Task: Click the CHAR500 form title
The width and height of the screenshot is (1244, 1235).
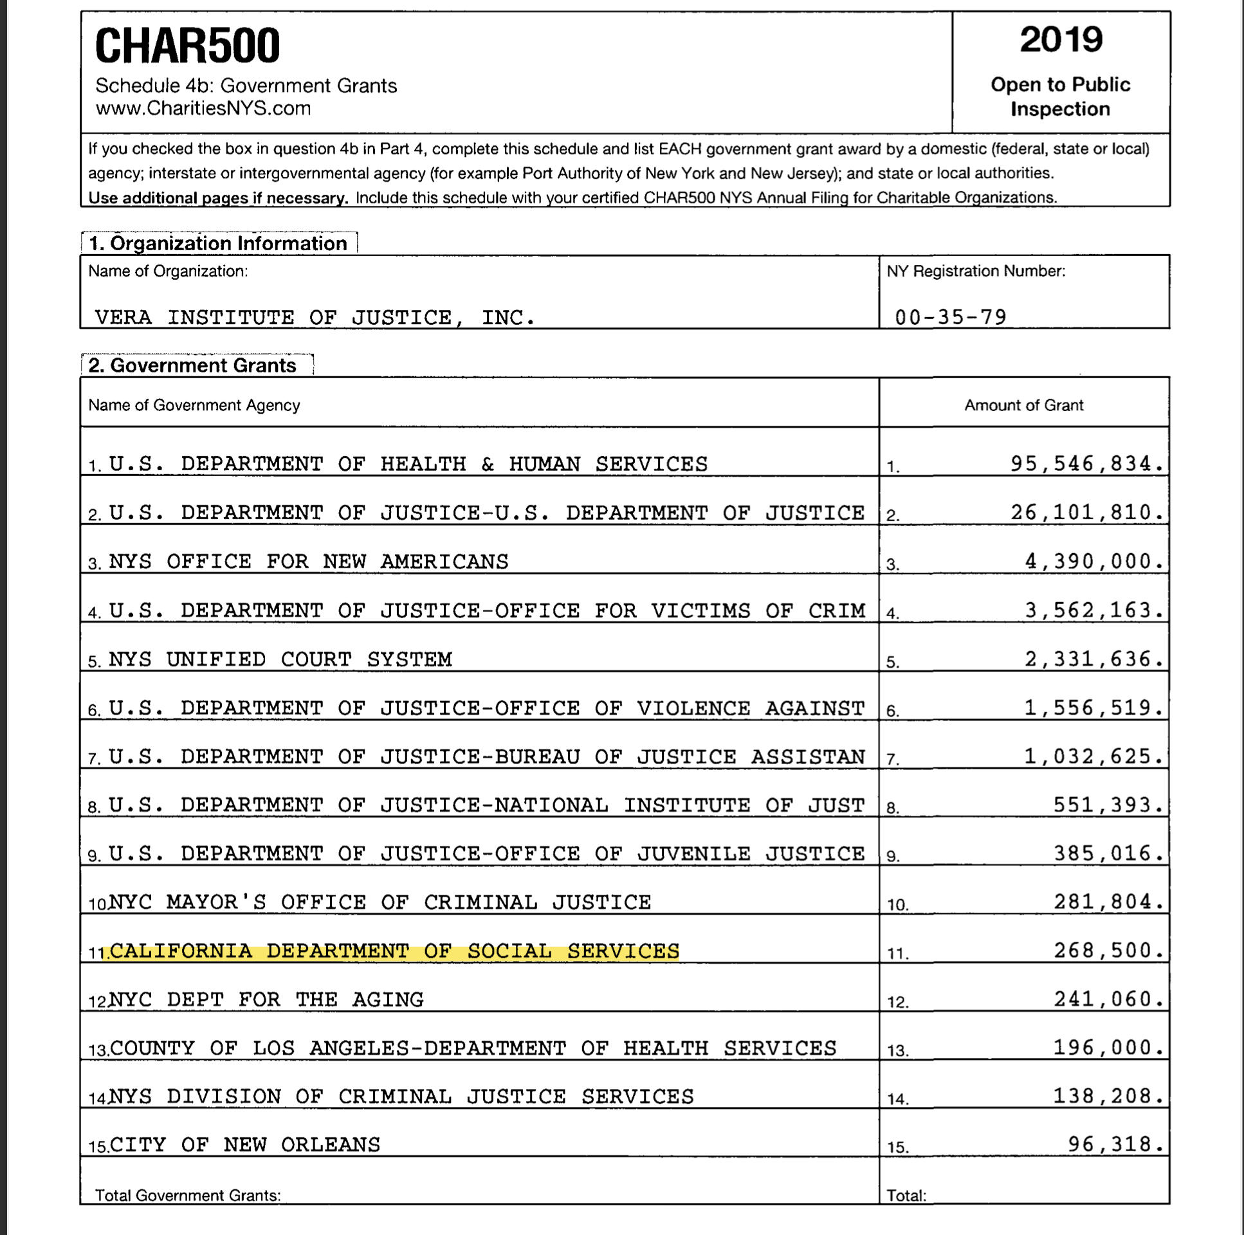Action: point(187,46)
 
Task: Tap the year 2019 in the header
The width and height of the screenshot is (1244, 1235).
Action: point(1061,40)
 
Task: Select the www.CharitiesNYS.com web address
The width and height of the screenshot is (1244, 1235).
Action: point(203,108)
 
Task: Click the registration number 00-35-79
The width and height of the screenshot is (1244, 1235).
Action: point(951,317)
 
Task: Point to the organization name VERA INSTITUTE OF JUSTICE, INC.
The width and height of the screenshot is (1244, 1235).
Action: point(315,318)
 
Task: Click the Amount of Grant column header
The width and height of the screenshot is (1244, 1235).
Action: point(1023,405)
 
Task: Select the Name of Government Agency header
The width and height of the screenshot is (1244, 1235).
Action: point(194,405)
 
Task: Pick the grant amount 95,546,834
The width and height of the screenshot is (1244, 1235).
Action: point(1087,464)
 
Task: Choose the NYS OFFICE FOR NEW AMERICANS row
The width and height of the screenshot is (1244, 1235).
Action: point(308,562)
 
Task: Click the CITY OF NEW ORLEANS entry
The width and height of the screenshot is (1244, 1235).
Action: point(244,1145)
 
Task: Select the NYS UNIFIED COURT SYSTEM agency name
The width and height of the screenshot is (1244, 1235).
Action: point(280,659)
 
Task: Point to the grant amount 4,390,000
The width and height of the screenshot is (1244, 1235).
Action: point(1094,562)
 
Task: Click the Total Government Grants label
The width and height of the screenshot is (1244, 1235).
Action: point(188,1195)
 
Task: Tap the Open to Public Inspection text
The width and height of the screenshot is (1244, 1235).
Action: point(1060,96)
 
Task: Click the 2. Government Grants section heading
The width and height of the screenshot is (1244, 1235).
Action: point(192,365)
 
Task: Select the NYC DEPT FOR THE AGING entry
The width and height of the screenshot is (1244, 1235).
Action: point(266,1000)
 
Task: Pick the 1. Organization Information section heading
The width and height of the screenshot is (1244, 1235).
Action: point(217,243)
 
